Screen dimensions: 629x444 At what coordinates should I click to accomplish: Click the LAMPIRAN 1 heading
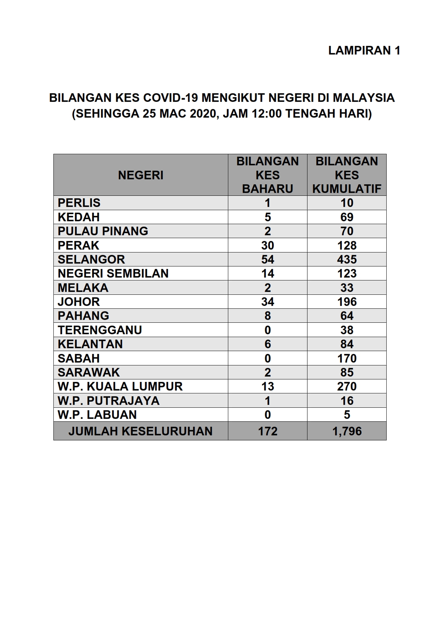[364, 51]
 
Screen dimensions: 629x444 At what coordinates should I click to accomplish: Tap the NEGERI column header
[140, 175]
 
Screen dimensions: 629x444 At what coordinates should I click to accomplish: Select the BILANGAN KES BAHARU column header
[267, 175]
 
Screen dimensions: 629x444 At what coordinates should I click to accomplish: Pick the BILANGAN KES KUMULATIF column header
[347, 175]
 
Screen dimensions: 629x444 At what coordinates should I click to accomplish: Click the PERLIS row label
[79, 203]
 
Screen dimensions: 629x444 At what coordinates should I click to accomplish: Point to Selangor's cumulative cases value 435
[347, 259]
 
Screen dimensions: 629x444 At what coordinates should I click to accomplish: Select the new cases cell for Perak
[267, 245]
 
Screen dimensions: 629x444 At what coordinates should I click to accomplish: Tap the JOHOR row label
[79, 302]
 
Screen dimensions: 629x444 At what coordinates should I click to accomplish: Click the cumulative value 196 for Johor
[347, 302]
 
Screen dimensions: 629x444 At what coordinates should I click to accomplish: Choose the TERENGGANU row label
[100, 330]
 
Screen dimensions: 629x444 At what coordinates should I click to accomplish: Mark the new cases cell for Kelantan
[267, 344]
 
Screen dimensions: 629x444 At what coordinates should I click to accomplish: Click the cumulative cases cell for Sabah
[347, 358]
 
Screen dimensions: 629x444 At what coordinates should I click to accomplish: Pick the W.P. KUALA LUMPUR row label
[120, 386]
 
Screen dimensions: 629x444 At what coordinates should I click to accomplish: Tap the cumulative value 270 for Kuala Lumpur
[347, 386]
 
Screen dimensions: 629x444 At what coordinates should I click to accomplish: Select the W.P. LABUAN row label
[97, 415]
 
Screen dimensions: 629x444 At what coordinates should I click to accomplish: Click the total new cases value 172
[267, 431]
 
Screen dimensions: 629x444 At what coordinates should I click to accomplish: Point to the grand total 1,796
[347, 431]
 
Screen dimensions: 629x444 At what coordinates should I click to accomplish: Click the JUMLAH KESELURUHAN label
[140, 431]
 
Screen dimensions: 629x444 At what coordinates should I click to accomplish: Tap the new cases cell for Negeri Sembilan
[267, 273]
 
